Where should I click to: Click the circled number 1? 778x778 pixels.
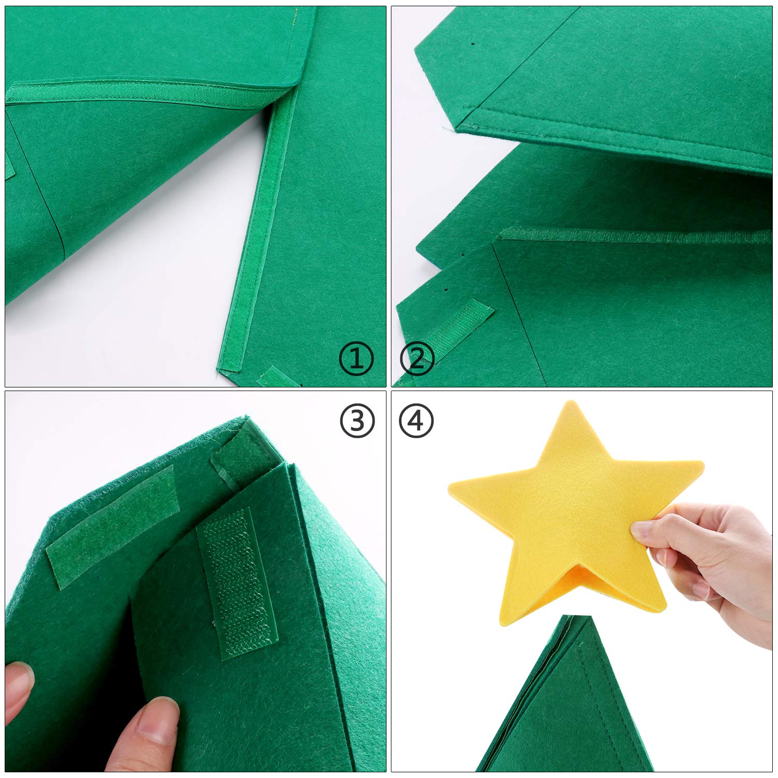click(x=356, y=359)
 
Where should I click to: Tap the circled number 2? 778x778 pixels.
click(x=417, y=359)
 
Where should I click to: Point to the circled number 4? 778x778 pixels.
click(x=417, y=421)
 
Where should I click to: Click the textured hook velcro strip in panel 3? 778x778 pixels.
click(x=238, y=582)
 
